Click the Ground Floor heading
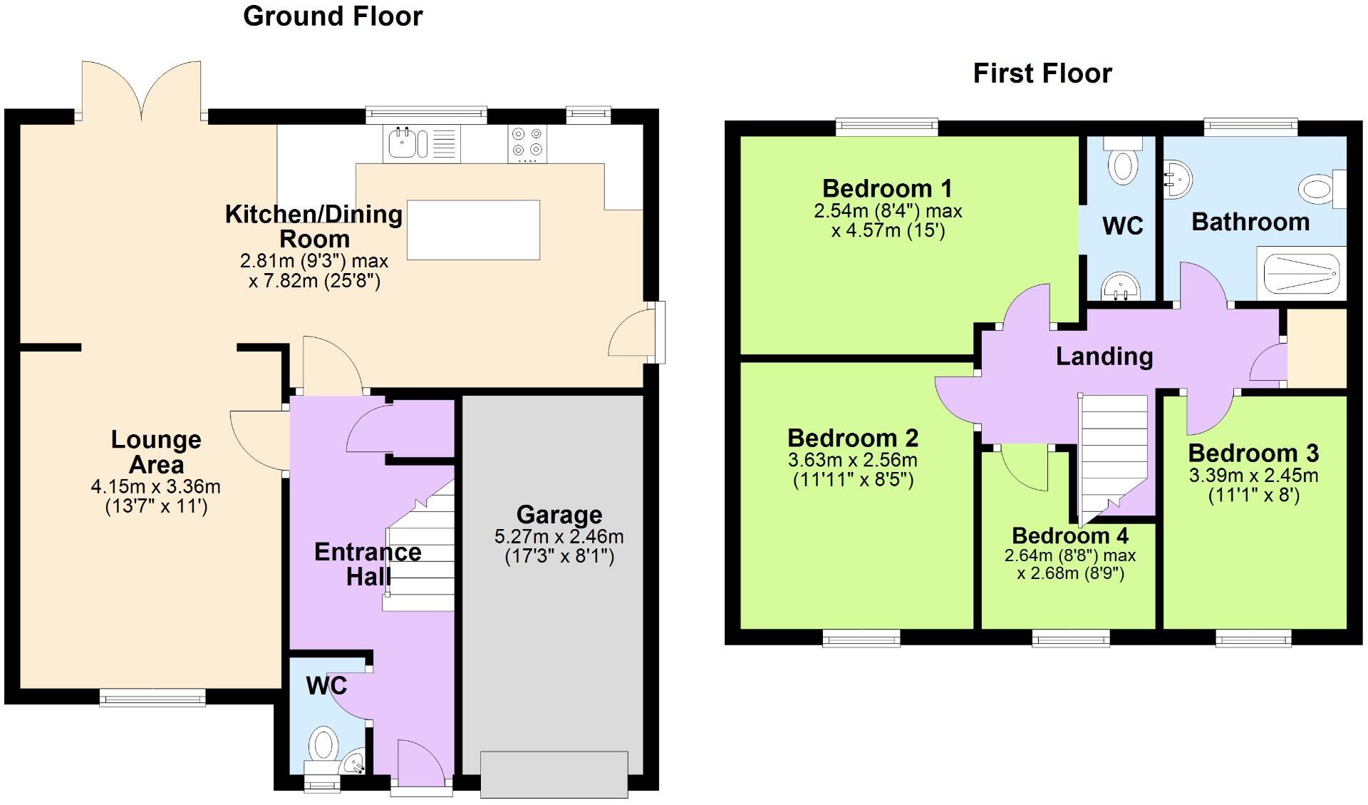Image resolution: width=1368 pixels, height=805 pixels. pos(333,16)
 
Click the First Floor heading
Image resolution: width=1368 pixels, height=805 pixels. pos(1042,73)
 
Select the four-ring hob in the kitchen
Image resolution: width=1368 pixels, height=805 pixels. pos(528,142)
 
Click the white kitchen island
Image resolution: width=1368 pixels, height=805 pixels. pos(473,230)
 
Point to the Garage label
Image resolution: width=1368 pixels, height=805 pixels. pos(559,515)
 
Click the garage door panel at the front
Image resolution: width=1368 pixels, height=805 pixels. pos(554,774)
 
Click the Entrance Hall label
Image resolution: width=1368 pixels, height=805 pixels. pos(368,563)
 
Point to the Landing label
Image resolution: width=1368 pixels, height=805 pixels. pos(1104,356)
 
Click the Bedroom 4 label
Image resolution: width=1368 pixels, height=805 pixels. pos(1069,535)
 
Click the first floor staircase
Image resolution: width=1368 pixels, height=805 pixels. pos(1113,456)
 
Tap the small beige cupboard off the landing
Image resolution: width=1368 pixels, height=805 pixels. pos(1317,349)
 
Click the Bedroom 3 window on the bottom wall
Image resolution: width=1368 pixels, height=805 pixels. pos(1253,637)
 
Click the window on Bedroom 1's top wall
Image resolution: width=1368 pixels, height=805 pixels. pos(886,128)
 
